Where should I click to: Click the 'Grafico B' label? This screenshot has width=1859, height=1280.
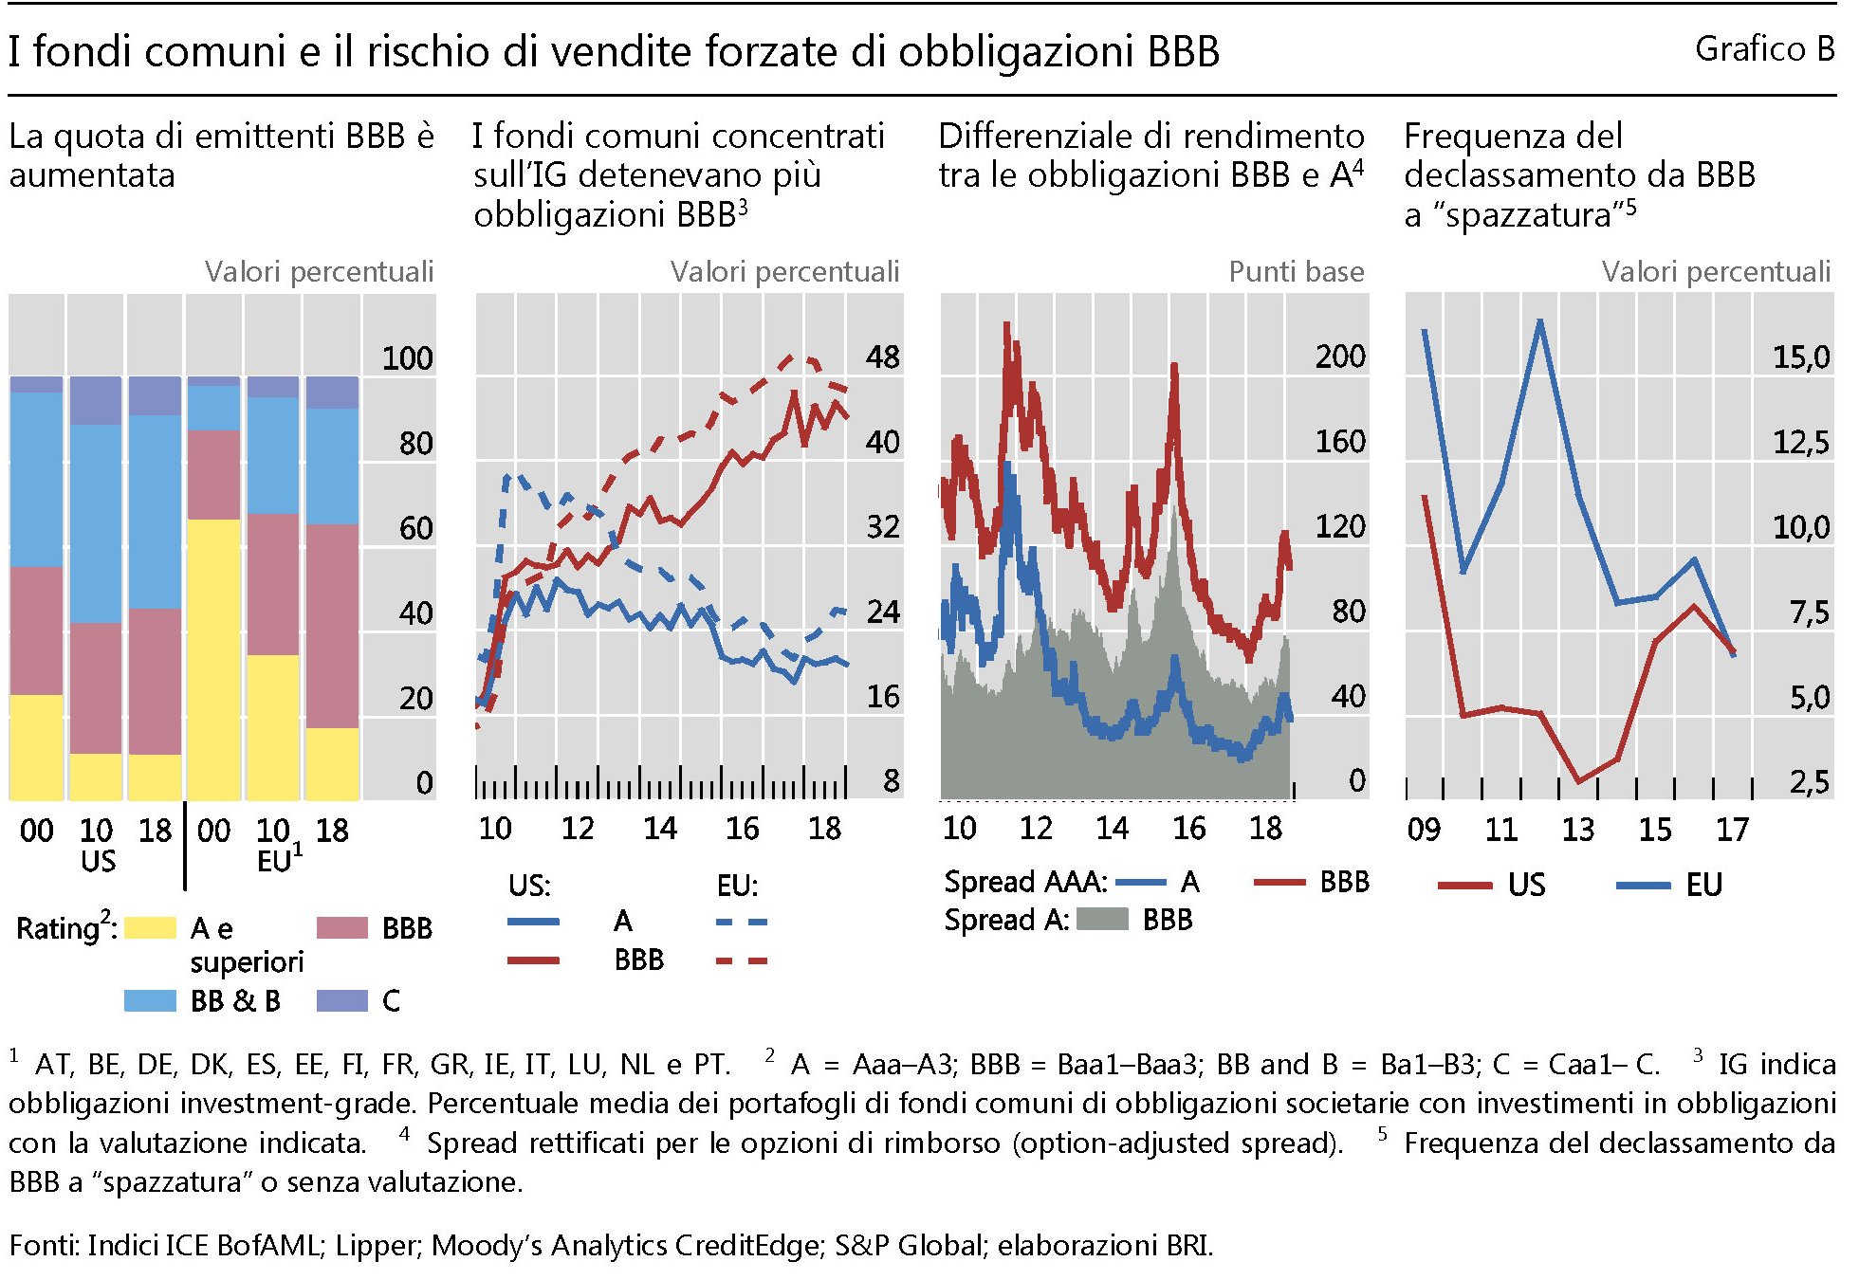pyautogui.click(x=1763, y=49)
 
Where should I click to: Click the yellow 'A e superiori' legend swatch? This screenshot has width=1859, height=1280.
pyautogui.click(x=150, y=927)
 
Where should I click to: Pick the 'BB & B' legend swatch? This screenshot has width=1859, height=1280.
pyautogui.click(x=150, y=1000)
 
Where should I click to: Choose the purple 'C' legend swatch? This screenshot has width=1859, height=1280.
pyautogui.click(x=341, y=1000)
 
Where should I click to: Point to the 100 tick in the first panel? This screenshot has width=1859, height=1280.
pyautogui.click(x=407, y=358)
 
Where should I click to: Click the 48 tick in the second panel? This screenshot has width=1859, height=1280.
pyautogui.click(x=882, y=357)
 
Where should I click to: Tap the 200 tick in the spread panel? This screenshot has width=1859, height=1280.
pyautogui.click(x=1339, y=357)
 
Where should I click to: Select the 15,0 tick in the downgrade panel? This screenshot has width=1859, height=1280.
pyautogui.click(x=1800, y=357)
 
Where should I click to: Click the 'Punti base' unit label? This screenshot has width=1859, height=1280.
pyautogui.click(x=1296, y=272)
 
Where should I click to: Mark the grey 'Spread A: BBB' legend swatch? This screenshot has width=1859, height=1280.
pyautogui.click(x=1101, y=919)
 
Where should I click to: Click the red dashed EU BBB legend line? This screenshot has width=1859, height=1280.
pyautogui.click(x=741, y=961)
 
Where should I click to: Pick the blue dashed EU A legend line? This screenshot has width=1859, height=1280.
pyautogui.click(x=741, y=922)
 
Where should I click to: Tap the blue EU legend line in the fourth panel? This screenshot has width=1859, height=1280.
pyautogui.click(x=1643, y=886)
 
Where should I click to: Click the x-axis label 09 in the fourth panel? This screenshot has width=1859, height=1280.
pyautogui.click(x=1424, y=830)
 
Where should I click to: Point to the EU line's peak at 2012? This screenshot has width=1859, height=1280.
pyautogui.click(x=1539, y=320)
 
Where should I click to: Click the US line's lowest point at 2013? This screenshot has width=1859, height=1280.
pyautogui.click(x=1578, y=781)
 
